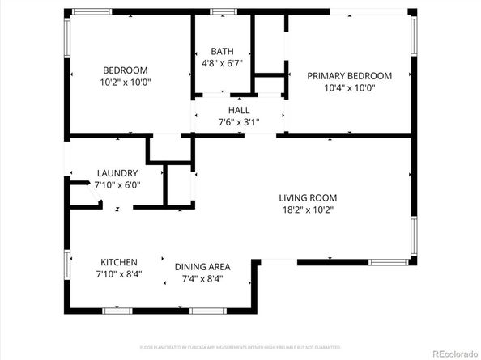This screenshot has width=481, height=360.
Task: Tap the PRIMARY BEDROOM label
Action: pos(349,76)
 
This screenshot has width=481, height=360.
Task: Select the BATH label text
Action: pos(222,50)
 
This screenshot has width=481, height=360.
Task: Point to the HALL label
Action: pos(238,110)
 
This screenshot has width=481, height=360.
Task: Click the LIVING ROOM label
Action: pos(308,197)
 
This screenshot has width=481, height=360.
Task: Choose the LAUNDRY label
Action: pos(117,173)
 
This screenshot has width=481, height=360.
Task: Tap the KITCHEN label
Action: pos(118,262)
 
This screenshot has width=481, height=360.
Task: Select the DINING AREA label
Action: pos(202,266)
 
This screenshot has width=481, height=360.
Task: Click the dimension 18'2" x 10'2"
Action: pos(307,210)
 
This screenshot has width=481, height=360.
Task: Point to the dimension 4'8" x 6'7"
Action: pos(222,62)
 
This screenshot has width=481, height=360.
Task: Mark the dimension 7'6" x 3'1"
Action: pos(238,122)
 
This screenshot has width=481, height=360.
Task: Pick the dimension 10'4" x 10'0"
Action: pos(349,88)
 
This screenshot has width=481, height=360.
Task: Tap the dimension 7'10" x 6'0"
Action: pos(117,185)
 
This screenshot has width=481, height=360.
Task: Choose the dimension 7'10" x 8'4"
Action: pos(118,275)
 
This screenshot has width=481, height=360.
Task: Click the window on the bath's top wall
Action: pos(223,11)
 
